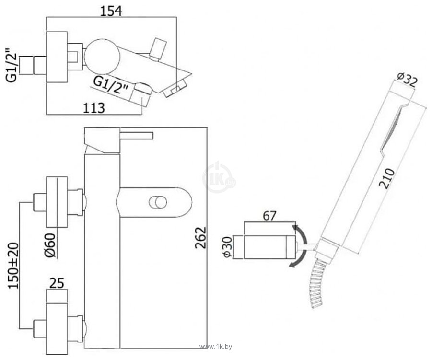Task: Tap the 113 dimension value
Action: click(x=91, y=108)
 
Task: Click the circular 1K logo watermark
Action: click(x=218, y=177)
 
